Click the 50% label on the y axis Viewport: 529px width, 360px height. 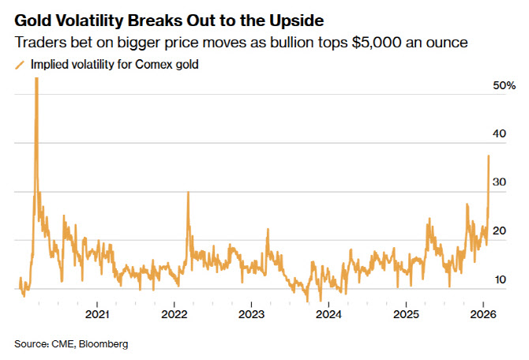coord(504,84)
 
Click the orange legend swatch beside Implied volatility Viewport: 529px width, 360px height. coord(20,66)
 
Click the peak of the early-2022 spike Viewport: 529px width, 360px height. coord(187,193)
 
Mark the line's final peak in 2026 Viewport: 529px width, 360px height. coord(489,156)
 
